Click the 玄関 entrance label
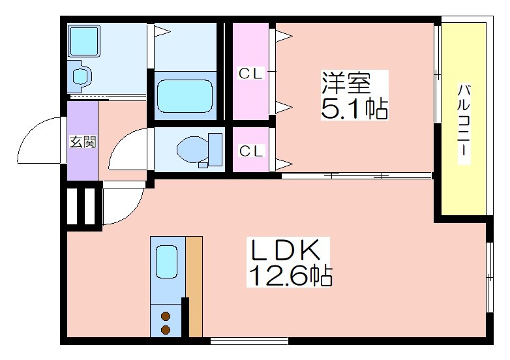point(83,142)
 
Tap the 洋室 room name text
point(346,83)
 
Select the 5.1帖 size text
point(354,108)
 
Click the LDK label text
point(285,250)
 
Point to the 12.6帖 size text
point(290,276)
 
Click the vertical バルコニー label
point(464,124)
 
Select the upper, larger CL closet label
point(250,74)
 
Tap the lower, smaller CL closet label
point(250,151)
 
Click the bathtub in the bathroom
point(185,97)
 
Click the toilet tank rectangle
point(215,149)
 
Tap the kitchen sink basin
point(166,262)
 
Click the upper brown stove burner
point(166,316)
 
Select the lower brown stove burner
point(166,330)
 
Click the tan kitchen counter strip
point(194,286)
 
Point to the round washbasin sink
point(80,76)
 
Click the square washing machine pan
point(84,40)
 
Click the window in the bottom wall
point(249,341)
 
